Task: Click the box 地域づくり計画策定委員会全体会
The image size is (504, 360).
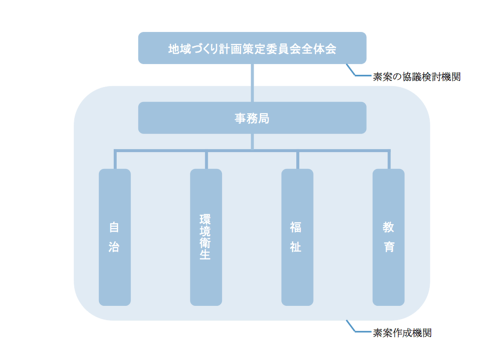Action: pyautogui.click(x=252, y=48)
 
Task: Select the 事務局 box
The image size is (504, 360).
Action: pyautogui.click(x=252, y=118)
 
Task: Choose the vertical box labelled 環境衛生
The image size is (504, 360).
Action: pyautogui.click(x=206, y=281)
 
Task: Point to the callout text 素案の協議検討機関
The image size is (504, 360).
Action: pyautogui.click(x=416, y=77)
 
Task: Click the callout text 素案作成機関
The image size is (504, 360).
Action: pyautogui.click(x=402, y=333)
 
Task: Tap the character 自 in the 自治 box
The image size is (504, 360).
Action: pyautogui.click(x=114, y=228)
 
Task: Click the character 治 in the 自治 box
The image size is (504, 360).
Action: pyautogui.click(x=114, y=247)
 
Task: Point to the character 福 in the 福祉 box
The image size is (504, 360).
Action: pyautogui.click(x=296, y=228)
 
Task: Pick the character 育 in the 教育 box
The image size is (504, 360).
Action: pyautogui.click(x=389, y=247)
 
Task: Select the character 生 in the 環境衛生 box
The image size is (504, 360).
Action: pyautogui.click(x=205, y=255)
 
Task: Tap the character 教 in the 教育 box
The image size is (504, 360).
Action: pyautogui.click(x=389, y=228)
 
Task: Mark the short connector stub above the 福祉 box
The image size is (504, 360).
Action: pyautogui.click(x=298, y=160)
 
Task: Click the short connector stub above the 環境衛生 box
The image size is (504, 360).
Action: pyautogui.click(x=206, y=160)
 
